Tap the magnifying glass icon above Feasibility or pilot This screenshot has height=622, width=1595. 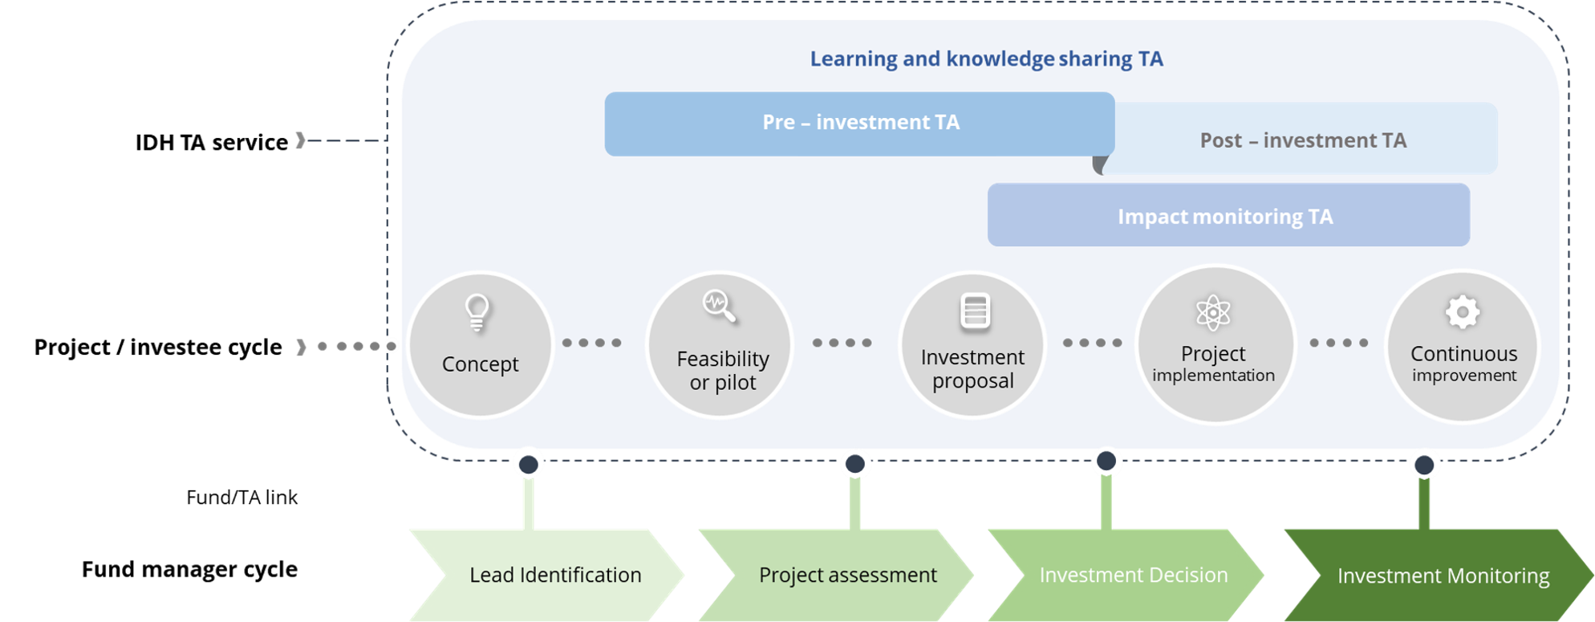click(x=719, y=306)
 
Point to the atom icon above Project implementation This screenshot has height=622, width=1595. click(x=1213, y=312)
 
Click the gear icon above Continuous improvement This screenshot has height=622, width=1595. click(x=1463, y=312)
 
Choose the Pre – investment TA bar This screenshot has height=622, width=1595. click(x=859, y=124)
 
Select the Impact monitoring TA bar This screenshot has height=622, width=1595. click(x=1228, y=215)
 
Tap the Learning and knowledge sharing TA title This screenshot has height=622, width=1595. click(x=986, y=59)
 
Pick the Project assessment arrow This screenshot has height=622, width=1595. click(x=836, y=575)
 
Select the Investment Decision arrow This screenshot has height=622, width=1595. click(x=1126, y=575)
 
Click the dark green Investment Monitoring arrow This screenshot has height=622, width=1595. click(x=1439, y=575)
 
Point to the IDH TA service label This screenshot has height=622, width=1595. click(x=211, y=142)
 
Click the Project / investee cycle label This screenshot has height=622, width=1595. click(x=158, y=347)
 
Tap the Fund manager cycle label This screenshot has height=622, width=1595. click(x=189, y=569)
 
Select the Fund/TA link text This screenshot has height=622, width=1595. click(x=241, y=498)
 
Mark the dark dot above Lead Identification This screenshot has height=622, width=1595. click(x=528, y=465)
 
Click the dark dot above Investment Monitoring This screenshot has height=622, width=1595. click(x=1424, y=465)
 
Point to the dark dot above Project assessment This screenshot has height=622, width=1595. click(x=855, y=464)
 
